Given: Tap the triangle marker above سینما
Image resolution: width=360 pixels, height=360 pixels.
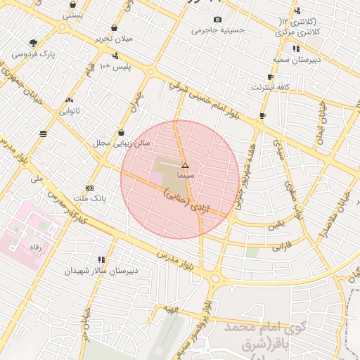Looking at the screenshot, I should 186,165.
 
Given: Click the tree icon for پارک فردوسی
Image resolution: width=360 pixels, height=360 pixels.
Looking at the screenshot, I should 33,43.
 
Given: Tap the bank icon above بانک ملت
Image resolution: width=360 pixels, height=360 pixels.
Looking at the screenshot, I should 89,188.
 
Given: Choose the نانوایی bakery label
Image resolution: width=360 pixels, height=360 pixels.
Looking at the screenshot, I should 69,110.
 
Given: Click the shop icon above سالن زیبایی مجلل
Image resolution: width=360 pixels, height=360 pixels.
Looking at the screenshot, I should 122,132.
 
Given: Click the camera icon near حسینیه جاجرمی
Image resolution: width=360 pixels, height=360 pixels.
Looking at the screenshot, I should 217,19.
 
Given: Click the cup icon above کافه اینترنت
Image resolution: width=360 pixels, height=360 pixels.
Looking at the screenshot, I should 270,77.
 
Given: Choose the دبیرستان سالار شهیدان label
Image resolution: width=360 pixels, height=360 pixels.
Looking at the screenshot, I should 101,270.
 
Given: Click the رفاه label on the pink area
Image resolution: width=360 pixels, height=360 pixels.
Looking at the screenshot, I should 34,247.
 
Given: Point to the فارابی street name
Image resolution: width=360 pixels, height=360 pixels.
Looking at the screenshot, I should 282,247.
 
